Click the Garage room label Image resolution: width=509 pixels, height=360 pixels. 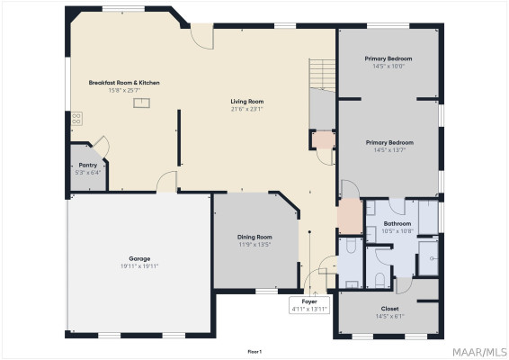point(139,258)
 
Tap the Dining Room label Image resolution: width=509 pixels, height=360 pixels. point(254,237)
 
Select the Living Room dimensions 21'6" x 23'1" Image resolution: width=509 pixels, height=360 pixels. point(247,109)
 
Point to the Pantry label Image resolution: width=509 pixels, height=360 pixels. point(88,165)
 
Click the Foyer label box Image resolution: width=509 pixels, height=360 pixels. point(309,305)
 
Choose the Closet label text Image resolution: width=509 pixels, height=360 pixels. point(390,309)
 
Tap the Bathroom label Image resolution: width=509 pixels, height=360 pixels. point(397,223)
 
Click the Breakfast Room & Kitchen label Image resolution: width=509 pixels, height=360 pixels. point(124,83)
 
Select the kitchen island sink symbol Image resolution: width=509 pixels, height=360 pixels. point(141,103)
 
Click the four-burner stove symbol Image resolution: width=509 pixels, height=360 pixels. point(76,119)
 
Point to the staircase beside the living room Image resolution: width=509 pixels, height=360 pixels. point(322,74)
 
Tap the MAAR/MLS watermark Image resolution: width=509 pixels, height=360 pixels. point(479,352)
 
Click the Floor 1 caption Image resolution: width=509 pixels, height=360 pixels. point(254,352)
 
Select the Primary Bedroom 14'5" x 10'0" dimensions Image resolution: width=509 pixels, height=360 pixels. point(388,66)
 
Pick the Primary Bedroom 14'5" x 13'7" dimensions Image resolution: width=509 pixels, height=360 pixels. point(389,149)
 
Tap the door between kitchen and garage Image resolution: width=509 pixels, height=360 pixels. point(166,182)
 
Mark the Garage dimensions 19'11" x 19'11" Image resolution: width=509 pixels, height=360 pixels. point(139,266)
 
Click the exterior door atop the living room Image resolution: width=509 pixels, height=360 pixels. point(202,36)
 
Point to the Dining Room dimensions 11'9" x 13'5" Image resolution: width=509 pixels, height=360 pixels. point(254,244)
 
